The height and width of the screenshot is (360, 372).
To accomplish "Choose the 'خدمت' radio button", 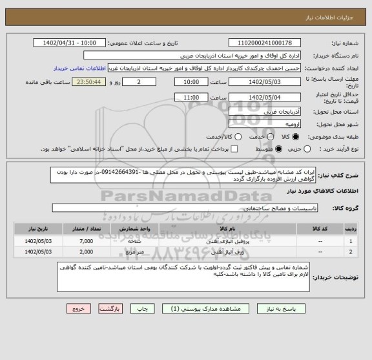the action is coord(254,136).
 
